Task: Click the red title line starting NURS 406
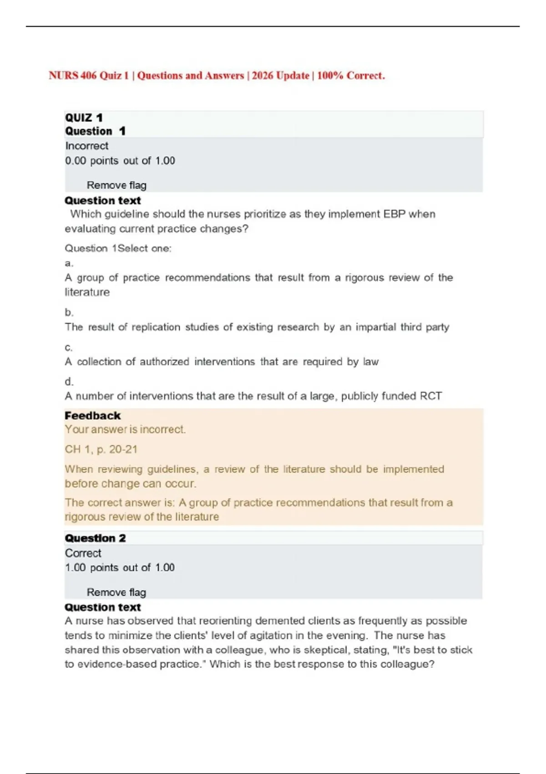pyautogui.click(x=217, y=76)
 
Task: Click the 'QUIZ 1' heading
pyautogui.click(x=84, y=118)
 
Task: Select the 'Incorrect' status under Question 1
pyautogui.click(x=86, y=146)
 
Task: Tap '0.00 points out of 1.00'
pyautogui.click(x=120, y=161)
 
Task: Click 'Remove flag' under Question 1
pyautogui.click(x=116, y=185)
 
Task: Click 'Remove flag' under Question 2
pyautogui.click(x=116, y=592)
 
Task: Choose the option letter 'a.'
pyautogui.click(x=69, y=263)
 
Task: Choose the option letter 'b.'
pyautogui.click(x=69, y=312)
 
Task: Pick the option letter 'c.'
pyautogui.click(x=69, y=347)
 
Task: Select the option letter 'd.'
pyautogui.click(x=69, y=382)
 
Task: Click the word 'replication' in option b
pyautogui.click(x=156, y=327)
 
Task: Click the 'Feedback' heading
pyautogui.click(x=92, y=416)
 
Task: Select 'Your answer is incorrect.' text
pyautogui.click(x=125, y=429)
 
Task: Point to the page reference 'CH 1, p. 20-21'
pyautogui.click(x=101, y=449)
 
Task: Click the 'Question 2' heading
pyautogui.click(x=95, y=538)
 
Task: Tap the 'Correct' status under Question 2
pyautogui.click(x=83, y=553)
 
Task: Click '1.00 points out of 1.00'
pyautogui.click(x=120, y=568)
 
